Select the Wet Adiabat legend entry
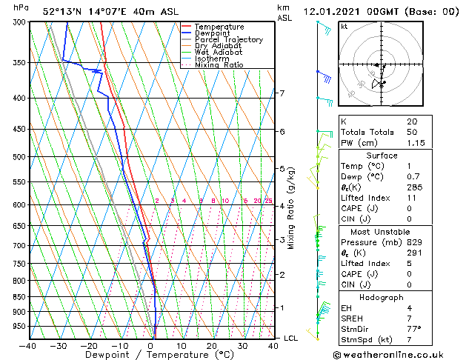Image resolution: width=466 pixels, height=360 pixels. (218, 52)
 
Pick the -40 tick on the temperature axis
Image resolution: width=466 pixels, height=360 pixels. (28, 345)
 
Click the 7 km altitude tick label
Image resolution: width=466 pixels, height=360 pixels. (282, 93)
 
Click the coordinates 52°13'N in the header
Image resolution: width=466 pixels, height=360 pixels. (63, 11)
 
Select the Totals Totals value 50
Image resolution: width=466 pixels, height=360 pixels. (412, 132)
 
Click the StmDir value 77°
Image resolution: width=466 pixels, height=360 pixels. (413, 330)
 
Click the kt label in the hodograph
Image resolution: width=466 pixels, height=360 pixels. (344, 27)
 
